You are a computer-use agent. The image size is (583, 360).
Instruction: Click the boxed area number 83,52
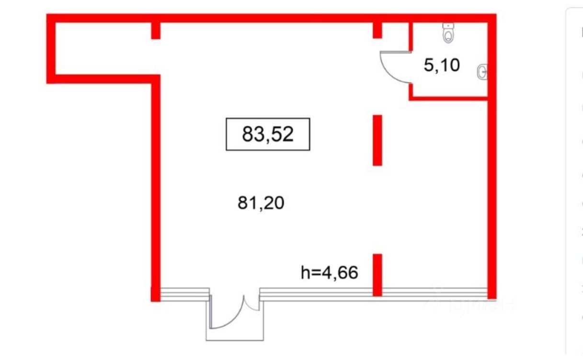pos(268,134)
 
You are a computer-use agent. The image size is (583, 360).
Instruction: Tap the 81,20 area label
pos(261,204)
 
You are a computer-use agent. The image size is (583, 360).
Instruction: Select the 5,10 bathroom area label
pos(442,65)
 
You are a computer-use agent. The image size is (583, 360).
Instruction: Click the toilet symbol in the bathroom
pos(448,33)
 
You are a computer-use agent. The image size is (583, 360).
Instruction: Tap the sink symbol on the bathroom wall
pos(482,72)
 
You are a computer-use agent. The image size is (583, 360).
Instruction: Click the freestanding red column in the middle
pos(377,140)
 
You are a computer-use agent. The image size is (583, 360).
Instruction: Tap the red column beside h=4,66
pos(377,274)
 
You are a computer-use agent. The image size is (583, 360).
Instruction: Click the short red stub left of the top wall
pos(155,30)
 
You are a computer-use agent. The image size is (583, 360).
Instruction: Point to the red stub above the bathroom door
pos(377,30)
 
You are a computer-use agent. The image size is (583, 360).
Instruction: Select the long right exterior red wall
pos(492,191)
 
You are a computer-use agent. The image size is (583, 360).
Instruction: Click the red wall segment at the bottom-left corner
pos(155,293)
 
